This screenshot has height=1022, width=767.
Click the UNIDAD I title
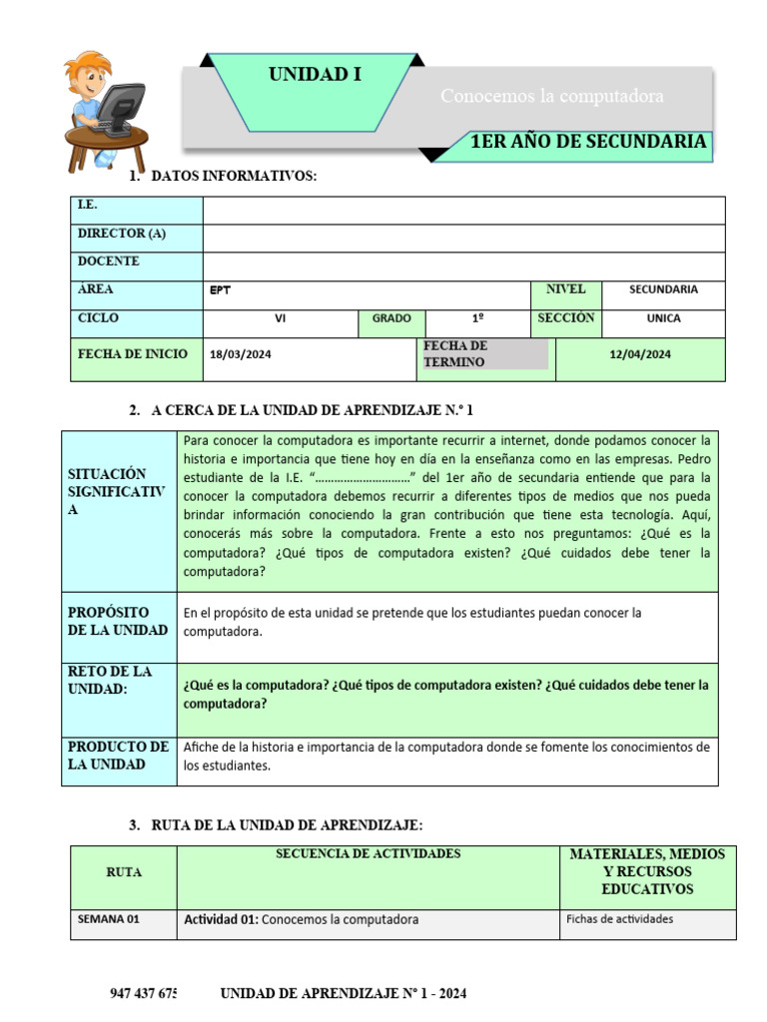tap(315, 75)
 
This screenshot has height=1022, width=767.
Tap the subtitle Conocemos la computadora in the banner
tap(552, 97)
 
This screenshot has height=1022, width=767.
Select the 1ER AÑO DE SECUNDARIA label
tap(588, 142)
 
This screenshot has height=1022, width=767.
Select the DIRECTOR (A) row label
tap(121, 234)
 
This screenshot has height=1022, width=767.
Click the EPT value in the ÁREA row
tap(220, 290)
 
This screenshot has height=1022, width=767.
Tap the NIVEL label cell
tap(565, 289)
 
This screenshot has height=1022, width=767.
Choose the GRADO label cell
tap(391, 318)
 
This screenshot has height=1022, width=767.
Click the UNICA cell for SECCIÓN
tap(663, 318)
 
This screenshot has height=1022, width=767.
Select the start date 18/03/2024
tap(241, 354)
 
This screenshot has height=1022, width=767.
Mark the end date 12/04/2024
tap(640, 354)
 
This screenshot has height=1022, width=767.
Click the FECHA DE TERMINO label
tap(455, 353)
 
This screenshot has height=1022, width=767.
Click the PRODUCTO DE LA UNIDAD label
tap(119, 757)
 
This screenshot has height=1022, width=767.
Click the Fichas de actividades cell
tap(619, 920)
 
